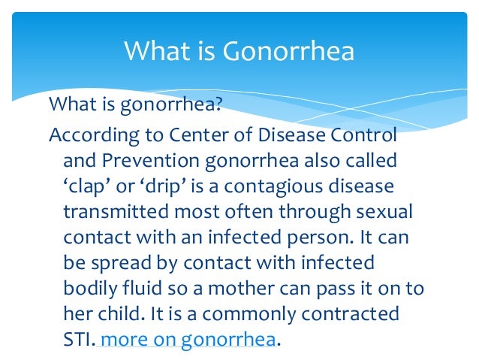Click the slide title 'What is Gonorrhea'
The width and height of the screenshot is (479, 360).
click(239, 52)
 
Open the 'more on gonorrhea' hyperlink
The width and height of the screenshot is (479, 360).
click(188, 339)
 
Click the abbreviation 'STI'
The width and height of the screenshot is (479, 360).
click(77, 339)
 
